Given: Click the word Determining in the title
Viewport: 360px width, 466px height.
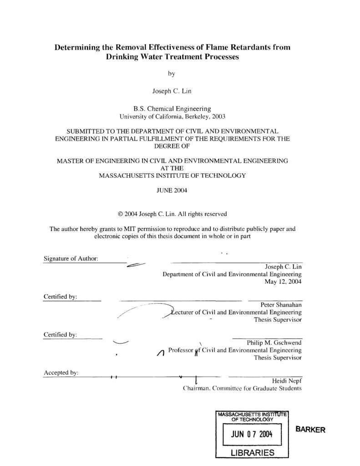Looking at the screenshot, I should (x=77, y=47).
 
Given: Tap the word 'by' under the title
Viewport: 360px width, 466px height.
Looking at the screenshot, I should (x=171, y=73).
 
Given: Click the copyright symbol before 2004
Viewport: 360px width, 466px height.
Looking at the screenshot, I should (x=120, y=214).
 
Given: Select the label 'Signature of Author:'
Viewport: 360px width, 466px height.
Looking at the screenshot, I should (x=71, y=258).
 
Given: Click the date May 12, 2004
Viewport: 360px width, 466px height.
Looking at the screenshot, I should (x=283, y=282).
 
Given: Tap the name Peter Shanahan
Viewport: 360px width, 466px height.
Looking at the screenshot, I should (x=281, y=304).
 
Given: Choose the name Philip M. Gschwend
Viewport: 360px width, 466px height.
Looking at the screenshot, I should (x=274, y=342).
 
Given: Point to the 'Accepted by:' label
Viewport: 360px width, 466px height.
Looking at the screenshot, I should (x=61, y=373).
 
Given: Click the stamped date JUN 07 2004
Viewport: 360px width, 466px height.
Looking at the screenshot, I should (x=251, y=434).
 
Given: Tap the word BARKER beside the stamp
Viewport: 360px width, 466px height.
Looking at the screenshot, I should (x=310, y=430).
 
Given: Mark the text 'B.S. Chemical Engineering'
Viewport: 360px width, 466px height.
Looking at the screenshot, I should (x=172, y=109).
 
